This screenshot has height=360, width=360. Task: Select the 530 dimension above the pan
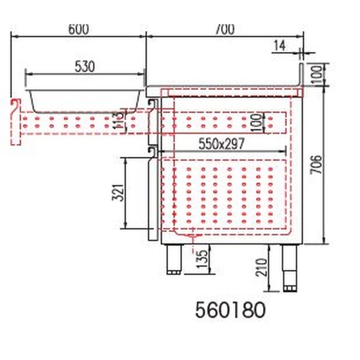[84, 67]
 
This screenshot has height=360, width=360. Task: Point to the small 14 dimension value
[279, 46]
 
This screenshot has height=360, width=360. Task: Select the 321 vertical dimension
[117, 191]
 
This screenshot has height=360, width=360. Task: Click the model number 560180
[231, 310]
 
